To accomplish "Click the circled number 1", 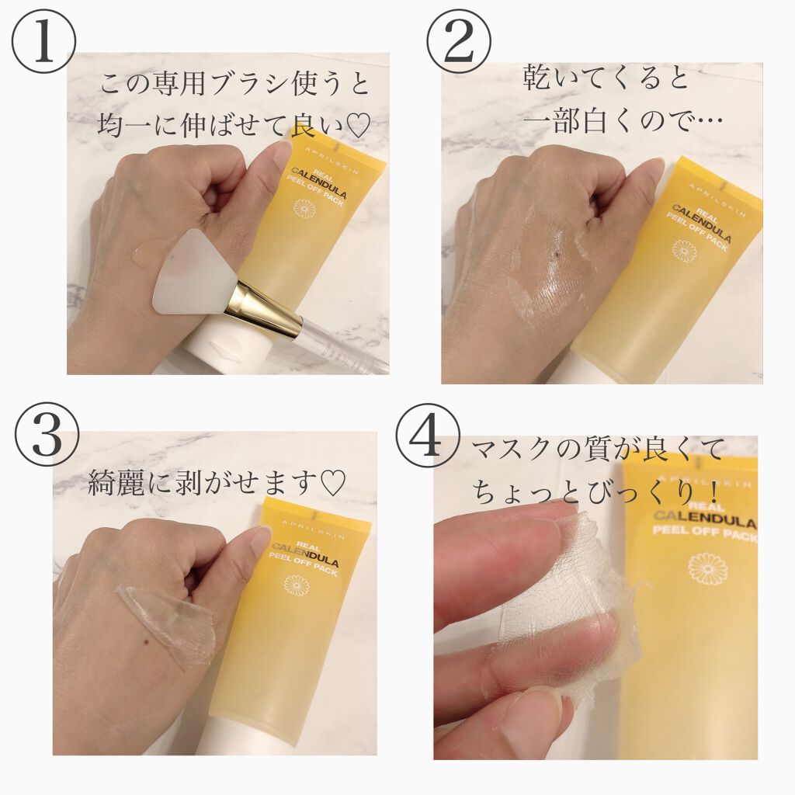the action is coord(43,41).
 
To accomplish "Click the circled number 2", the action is coord(458,41).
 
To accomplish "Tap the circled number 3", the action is coord(47,435).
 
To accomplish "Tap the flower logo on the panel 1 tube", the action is coord(304,209).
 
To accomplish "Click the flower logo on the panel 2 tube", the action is coord(684,251).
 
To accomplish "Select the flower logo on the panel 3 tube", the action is coord(297,585).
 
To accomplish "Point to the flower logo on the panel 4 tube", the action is coord(708,569).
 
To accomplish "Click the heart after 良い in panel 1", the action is coord(359,125).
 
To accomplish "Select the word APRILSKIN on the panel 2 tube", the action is coord(717,200).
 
